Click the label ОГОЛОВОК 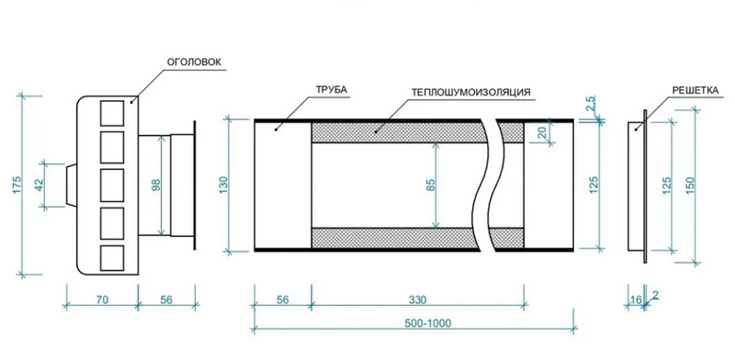tap(193, 62)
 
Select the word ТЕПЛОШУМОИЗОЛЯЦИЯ tap(471, 92)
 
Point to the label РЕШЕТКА tap(695, 90)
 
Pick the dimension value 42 tap(40, 186)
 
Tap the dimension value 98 tap(156, 185)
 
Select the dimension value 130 tap(223, 186)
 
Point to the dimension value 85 tap(431, 186)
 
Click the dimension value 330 tap(417, 299)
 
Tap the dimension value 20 tap(543, 132)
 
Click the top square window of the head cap tap(112, 113)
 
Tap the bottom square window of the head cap tap(112, 258)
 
